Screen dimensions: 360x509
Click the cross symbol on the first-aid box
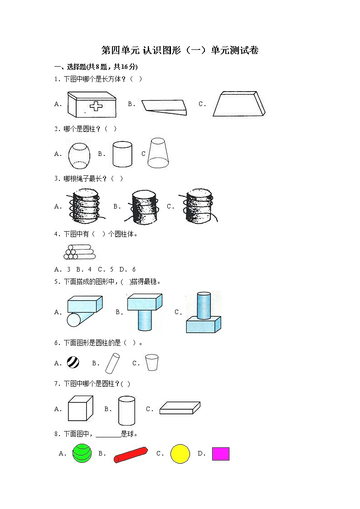pyautogui.click(x=96, y=106)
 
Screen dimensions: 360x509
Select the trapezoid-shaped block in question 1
pyautogui.click(x=239, y=104)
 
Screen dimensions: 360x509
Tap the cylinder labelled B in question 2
pyautogui.click(x=122, y=154)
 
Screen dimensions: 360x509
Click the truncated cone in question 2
pyautogui.click(x=158, y=153)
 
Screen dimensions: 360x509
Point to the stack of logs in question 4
pyautogui.click(x=79, y=252)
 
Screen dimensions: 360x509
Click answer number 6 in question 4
pyautogui.click(x=134, y=269)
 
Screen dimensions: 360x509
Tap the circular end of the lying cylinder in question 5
pyautogui.click(x=74, y=320)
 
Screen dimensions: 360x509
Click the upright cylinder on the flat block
pyautogui.click(x=204, y=305)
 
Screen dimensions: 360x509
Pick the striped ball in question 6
pyautogui.click(x=73, y=362)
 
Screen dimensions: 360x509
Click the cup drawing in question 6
pyautogui.click(x=151, y=362)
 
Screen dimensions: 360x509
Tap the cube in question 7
pyautogui.click(x=81, y=408)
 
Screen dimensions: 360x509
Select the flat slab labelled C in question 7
pyautogui.click(x=180, y=408)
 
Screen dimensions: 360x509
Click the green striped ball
pyautogui.click(x=82, y=453)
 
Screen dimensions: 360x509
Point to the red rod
pyautogui.click(x=131, y=455)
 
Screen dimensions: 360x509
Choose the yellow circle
pyautogui.click(x=180, y=454)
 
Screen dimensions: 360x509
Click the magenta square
pyautogui.click(x=221, y=454)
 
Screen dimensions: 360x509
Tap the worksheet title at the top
pyautogui.click(x=180, y=50)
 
